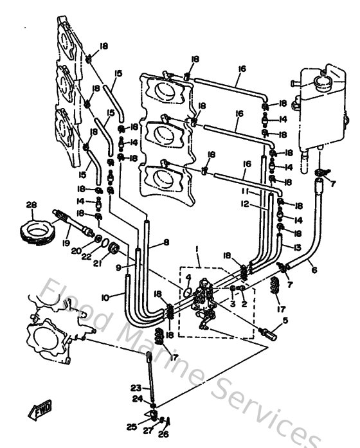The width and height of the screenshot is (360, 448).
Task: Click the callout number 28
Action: [x=30, y=205]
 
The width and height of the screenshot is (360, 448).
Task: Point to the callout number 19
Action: [x=66, y=244]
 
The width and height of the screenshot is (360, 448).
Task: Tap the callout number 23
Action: [x=135, y=387]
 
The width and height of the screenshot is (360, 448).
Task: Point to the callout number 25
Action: [x=132, y=426]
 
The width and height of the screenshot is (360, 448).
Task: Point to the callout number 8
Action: [x=166, y=242]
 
